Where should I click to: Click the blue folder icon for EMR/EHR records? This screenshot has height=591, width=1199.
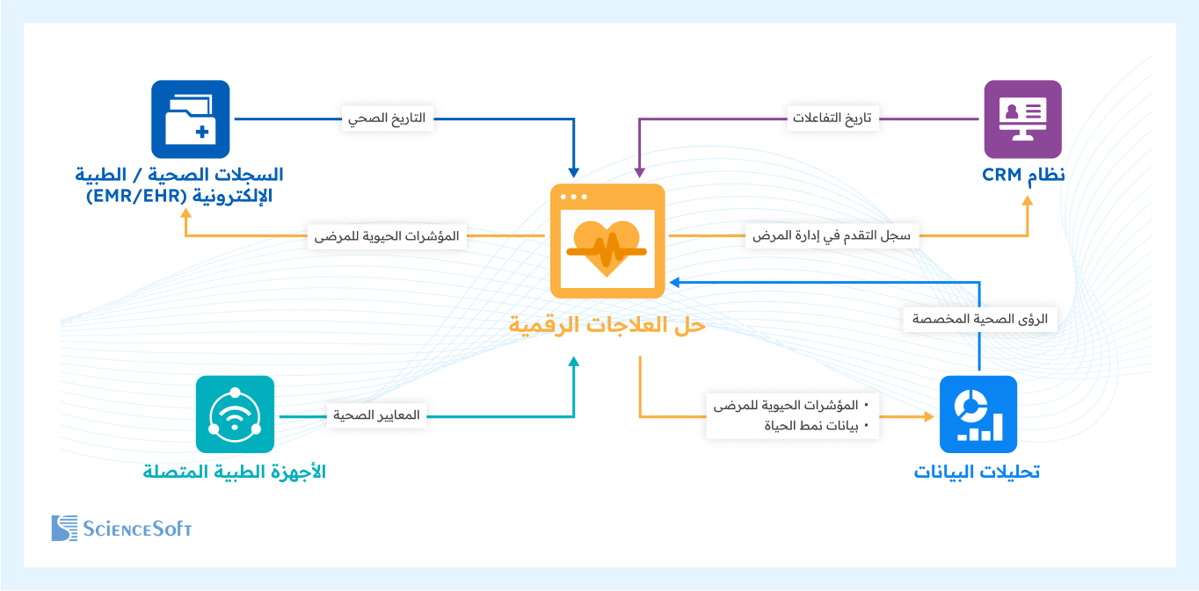[x=190, y=119]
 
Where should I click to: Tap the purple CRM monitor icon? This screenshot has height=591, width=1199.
[x=1022, y=119]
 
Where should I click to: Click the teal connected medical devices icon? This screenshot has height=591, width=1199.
[x=235, y=414]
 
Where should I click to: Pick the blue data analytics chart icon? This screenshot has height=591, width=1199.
[x=978, y=414]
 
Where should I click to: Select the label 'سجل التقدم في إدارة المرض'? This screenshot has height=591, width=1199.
[x=832, y=235]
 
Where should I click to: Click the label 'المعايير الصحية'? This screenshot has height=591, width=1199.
[x=376, y=414]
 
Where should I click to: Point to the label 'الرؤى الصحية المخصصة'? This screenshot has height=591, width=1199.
[x=980, y=320]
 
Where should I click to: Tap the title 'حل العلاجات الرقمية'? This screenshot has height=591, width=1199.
[x=607, y=325]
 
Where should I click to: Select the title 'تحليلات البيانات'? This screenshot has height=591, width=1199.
[x=977, y=472]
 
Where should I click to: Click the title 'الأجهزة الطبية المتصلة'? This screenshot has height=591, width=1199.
[x=235, y=472]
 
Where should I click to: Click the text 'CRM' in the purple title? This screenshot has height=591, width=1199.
[x=1002, y=175]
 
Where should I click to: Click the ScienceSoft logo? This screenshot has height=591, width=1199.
[x=121, y=528]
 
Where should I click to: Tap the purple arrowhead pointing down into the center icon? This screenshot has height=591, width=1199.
[x=639, y=170]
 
